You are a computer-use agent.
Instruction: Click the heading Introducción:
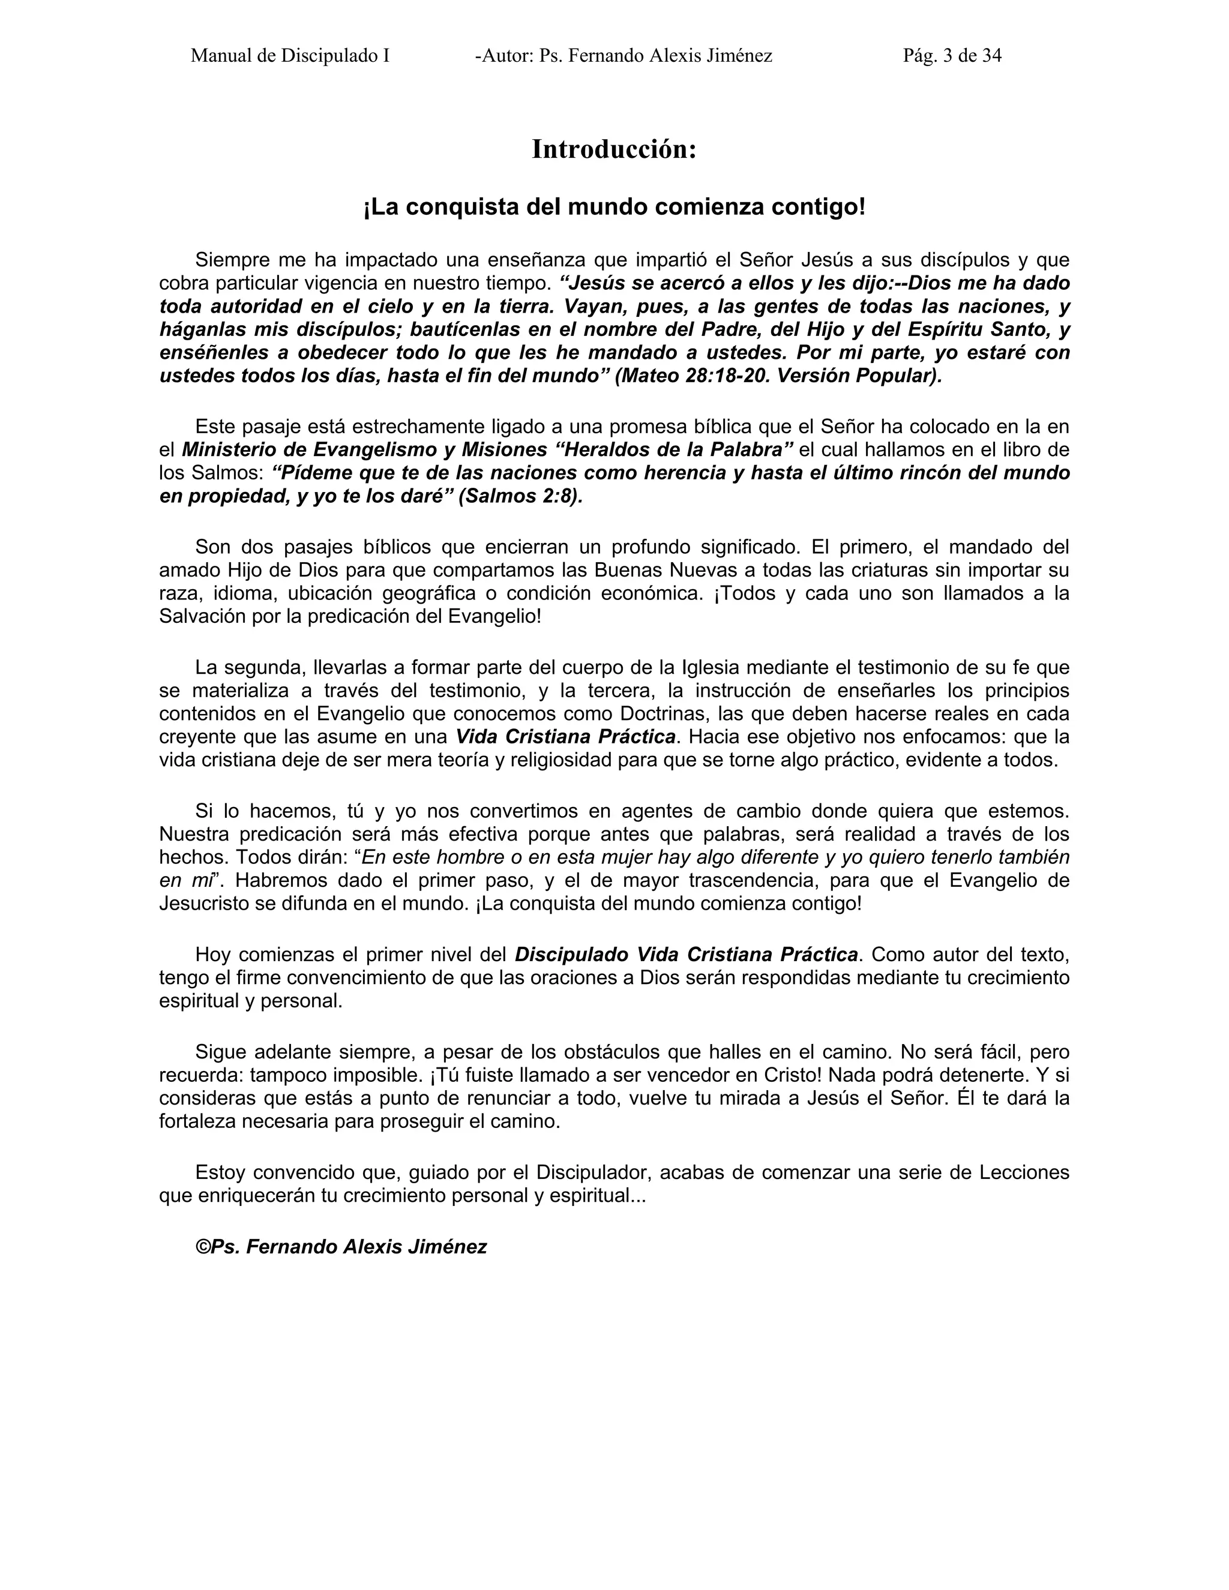614,149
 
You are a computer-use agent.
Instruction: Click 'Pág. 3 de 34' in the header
952,56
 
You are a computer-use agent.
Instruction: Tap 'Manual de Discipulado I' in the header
290,56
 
